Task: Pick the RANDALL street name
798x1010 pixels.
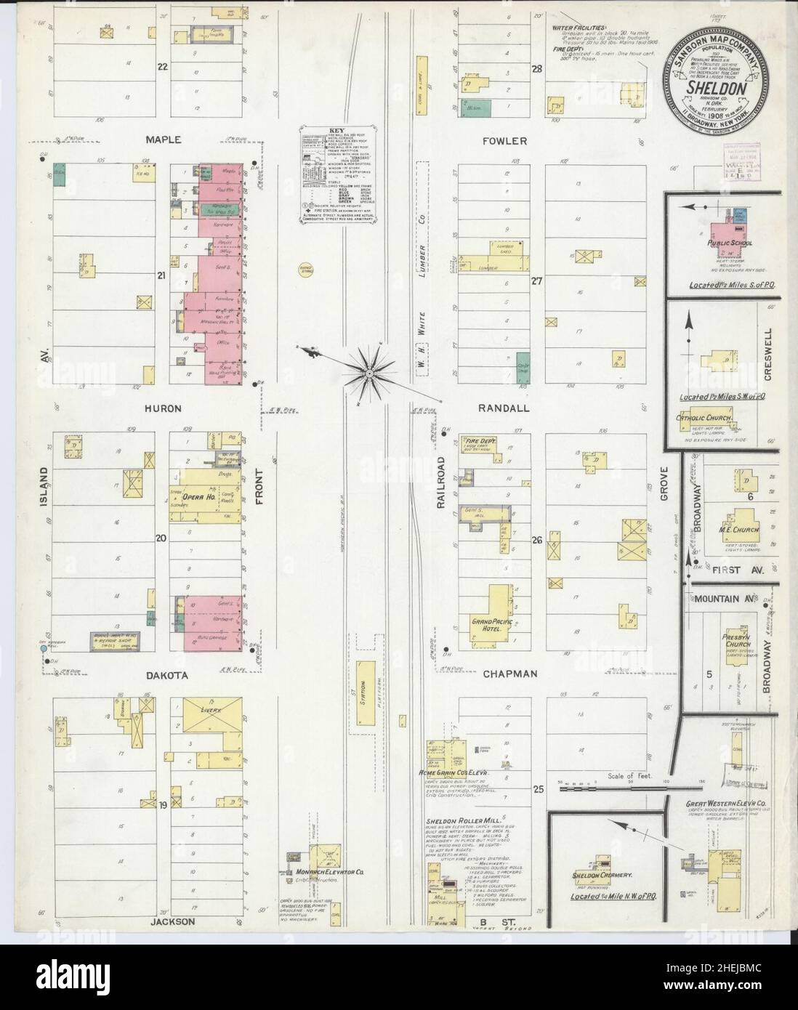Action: pos(504,408)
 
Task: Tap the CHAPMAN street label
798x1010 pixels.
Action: pos(510,674)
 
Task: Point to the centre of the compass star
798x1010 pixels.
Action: pos(369,373)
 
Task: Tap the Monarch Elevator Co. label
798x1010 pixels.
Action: pos(325,871)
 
